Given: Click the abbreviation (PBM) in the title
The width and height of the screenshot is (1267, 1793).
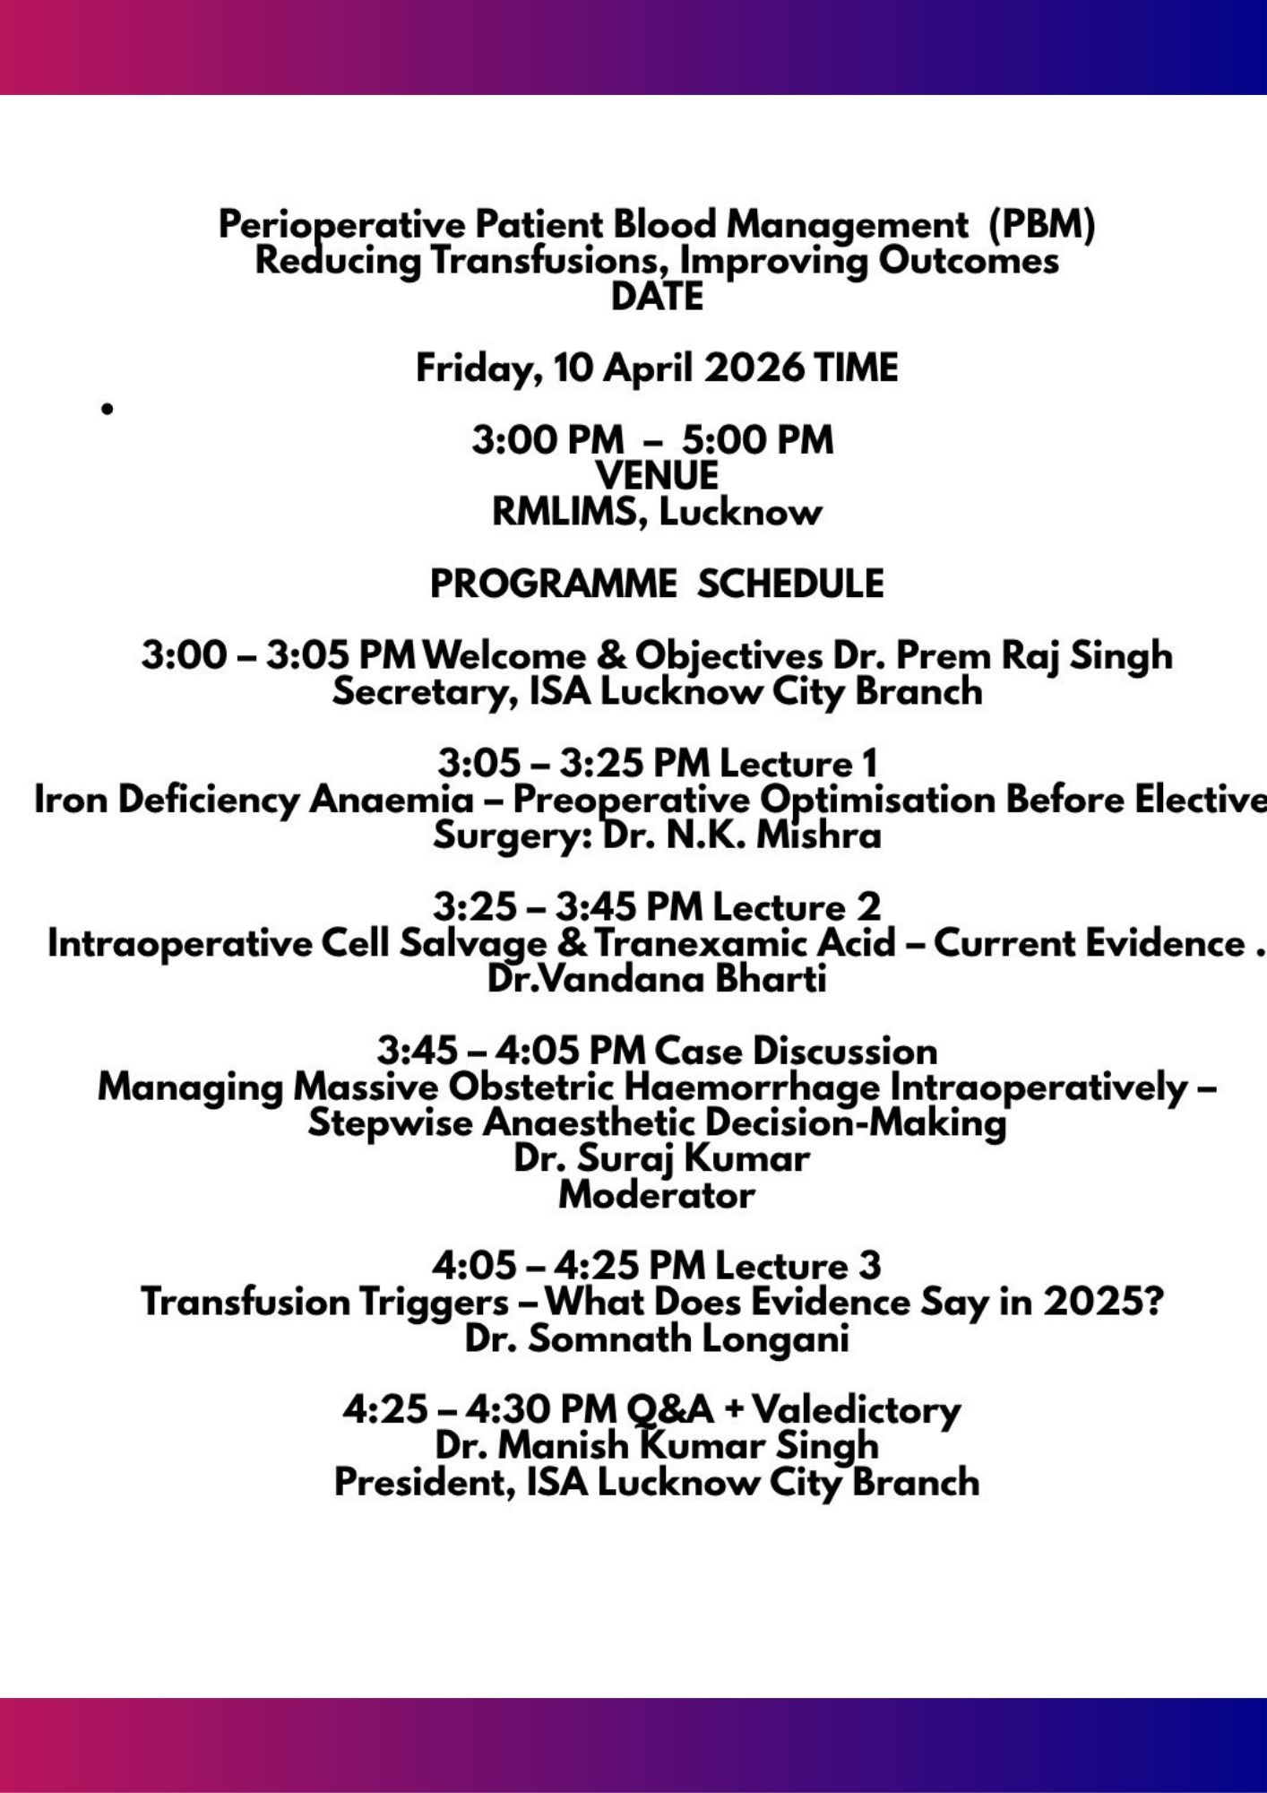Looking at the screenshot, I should pos(1041,225).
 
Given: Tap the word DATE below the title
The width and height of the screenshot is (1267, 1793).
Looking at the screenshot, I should pos(657,297).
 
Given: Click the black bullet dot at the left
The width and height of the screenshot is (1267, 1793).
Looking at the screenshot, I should pos(108,410).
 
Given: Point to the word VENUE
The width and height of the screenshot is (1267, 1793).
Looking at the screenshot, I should pos(657,476).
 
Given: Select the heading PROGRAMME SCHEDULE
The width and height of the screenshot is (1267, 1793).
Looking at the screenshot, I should pos(657,584).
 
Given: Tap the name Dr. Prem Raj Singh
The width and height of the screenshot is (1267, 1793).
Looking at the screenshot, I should pos(1003,655).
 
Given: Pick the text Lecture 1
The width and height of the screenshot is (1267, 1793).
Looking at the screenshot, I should pos(798,763).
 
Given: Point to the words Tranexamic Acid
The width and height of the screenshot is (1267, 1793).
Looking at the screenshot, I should pos(746,943).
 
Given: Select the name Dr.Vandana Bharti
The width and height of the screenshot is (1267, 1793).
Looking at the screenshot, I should pos(657,979).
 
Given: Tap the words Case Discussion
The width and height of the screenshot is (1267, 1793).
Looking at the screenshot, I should pos(796,1051).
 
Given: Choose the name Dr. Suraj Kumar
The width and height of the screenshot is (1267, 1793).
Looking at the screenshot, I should pos(661,1158).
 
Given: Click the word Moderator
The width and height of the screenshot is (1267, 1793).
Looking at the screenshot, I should pos(657,1195).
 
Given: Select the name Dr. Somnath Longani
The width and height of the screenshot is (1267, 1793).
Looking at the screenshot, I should pos(657,1338).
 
